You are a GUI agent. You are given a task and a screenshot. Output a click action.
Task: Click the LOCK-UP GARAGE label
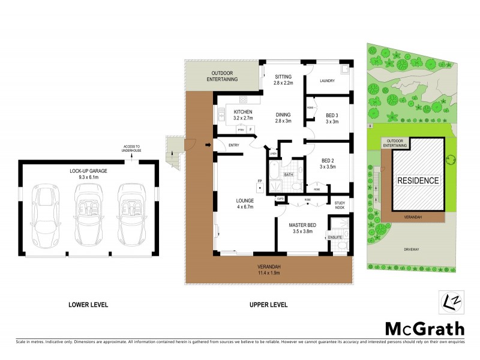tap(88, 171)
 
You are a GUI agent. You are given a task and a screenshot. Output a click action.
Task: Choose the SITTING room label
tap(283, 77)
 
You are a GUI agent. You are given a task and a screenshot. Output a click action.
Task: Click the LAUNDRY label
tap(327, 81)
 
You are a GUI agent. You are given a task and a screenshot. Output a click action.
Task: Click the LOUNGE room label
tap(245, 200)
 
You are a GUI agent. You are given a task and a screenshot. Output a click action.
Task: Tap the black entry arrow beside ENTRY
tap(208, 144)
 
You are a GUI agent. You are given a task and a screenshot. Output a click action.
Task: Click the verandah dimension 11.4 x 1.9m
tap(269, 273)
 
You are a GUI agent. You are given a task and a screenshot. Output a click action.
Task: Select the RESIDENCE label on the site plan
tap(418, 180)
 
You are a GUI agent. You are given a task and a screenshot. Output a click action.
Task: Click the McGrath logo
tap(424, 328)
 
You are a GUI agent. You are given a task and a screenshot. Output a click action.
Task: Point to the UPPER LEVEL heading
tap(268, 305)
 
